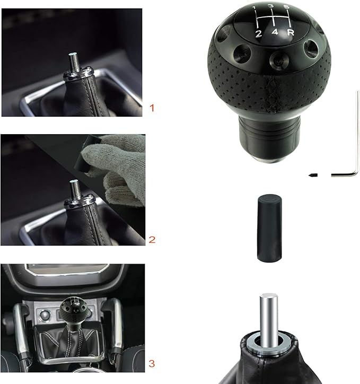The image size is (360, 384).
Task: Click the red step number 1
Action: (x=152, y=108)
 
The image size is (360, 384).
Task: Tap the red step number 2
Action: (x=152, y=239)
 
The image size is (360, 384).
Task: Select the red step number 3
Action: (x=152, y=363)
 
